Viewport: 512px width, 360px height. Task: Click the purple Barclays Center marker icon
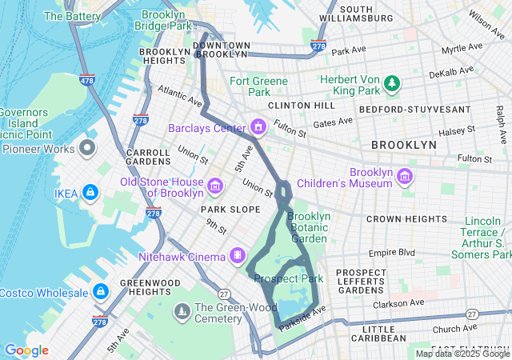[258, 127]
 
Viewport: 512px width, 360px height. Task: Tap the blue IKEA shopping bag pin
[90, 193]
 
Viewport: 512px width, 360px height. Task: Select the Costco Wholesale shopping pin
[101, 290]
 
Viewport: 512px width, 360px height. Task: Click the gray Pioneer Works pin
[87, 148]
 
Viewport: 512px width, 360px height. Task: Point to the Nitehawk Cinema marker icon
[238, 255]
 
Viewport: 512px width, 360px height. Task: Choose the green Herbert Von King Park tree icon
[392, 82]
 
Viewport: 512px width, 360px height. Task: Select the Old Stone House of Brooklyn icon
[214, 187]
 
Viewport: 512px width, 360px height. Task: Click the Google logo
[26, 350]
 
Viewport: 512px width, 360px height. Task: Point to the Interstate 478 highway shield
[87, 80]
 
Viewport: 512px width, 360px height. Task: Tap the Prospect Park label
[288, 278]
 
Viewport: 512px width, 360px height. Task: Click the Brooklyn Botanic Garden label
[308, 227]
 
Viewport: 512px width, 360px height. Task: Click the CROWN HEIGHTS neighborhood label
[406, 218]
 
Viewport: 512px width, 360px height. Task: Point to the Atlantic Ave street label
[180, 95]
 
